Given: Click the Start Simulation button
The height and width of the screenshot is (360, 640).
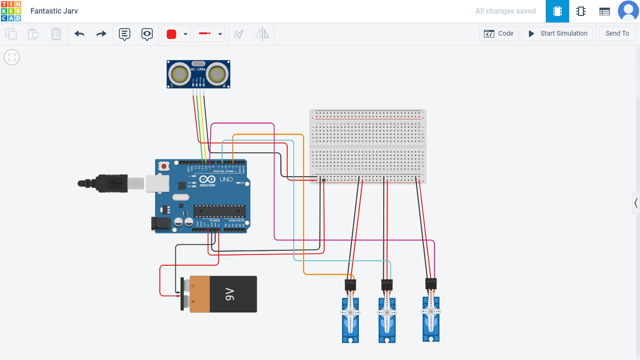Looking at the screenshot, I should point(557,34).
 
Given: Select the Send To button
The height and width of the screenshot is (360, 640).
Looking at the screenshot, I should point(617,34).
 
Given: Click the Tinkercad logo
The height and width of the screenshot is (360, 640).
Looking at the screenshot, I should point(11,11).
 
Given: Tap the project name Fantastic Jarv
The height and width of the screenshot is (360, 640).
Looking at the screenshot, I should point(54,11).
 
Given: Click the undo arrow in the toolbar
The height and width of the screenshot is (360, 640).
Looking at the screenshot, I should point(79,34).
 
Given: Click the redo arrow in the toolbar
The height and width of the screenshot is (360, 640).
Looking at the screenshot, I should point(101,34).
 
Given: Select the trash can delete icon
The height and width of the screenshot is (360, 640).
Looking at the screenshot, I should point(56,34).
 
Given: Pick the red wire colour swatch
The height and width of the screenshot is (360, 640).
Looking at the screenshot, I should point(171,34).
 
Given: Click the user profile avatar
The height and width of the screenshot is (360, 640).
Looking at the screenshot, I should point(628,11).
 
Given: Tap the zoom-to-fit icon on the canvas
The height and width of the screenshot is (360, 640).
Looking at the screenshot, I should point(12,57).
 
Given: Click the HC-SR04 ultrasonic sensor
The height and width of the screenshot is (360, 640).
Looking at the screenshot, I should point(199,74).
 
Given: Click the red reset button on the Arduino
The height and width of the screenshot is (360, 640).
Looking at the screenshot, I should point(164,166).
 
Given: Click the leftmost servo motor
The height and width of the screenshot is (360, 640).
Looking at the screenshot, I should point(350,319).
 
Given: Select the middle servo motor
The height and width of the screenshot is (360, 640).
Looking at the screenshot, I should point(387,319).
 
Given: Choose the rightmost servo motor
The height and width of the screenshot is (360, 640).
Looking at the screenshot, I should point(431,318).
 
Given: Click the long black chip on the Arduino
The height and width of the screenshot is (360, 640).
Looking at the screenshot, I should point(219,211).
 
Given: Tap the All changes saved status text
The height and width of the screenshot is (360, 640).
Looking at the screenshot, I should point(505,11).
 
